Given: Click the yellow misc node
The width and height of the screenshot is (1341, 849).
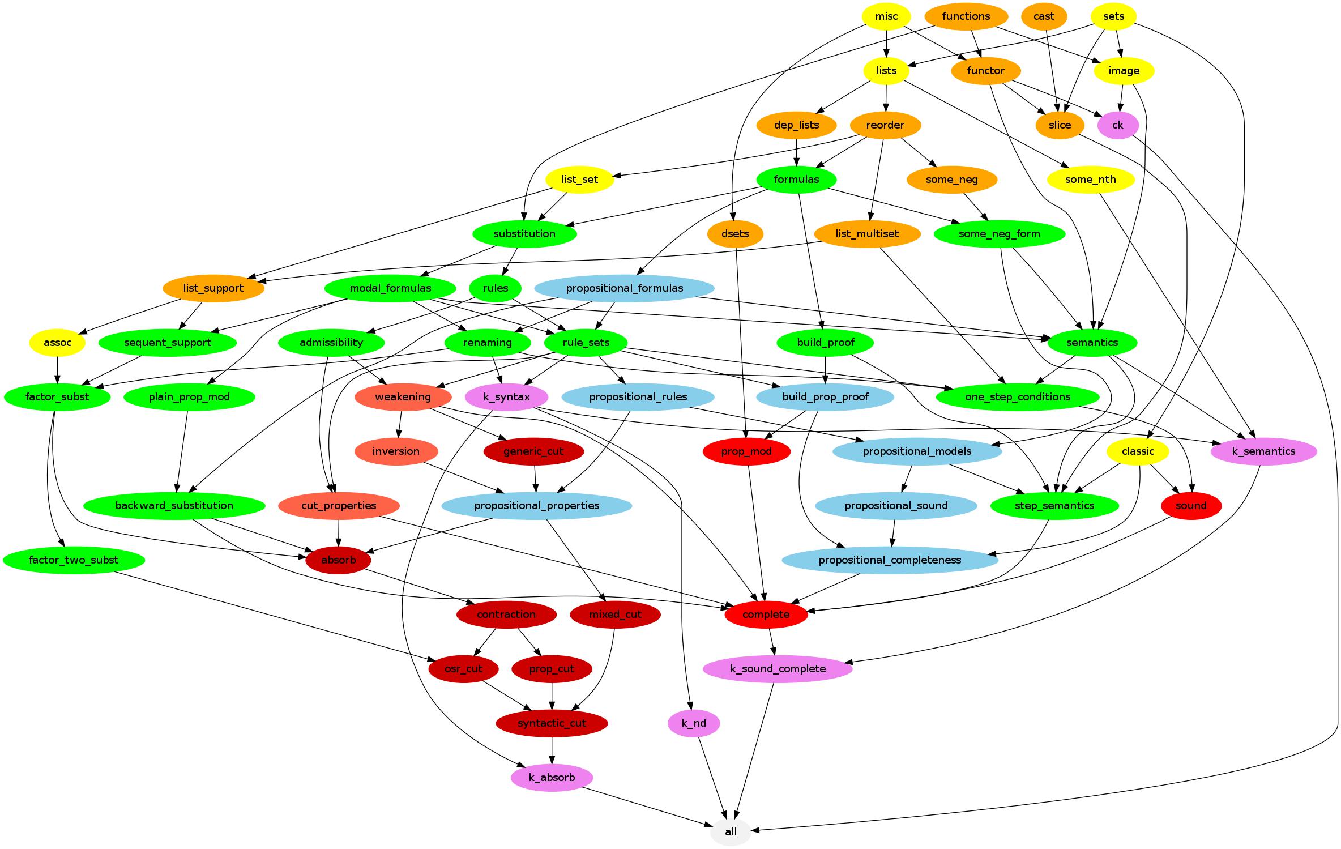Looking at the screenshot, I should click(x=886, y=16).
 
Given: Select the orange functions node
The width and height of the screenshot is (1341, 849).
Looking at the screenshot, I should click(x=966, y=16).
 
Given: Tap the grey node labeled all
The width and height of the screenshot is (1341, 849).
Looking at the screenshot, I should click(x=731, y=832).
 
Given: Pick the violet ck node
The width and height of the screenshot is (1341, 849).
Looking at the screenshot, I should click(x=1117, y=125).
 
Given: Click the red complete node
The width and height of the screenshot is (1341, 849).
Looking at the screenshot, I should click(x=766, y=615).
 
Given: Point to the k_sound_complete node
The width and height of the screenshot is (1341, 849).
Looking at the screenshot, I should click(x=778, y=669).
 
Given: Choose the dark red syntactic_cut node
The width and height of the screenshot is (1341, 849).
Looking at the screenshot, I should click(x=552, y=723).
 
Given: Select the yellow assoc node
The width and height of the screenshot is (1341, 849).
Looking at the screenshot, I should click(x=58, y=343).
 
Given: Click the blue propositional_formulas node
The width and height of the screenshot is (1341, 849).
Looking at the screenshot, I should click(x=624, y=288).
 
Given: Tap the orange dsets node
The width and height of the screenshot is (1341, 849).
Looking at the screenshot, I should click(x=735, y=234).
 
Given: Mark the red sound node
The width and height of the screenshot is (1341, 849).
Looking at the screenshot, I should click(x=1191, y=506).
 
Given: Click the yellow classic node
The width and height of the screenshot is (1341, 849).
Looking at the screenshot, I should click(x=1138, y=451).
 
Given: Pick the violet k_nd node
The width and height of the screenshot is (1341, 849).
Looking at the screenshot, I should click(x=694, y=723).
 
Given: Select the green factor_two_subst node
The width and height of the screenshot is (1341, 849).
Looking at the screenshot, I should click(x=74, y=560).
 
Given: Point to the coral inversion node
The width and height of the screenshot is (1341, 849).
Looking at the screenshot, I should click(x=396, y=451).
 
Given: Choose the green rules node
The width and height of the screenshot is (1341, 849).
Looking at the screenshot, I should click(x=496, y=288).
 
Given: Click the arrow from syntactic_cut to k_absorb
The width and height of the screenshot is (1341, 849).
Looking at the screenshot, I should click(x=552, y=750).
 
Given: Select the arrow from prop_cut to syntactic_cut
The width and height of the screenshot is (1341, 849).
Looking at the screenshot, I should click(x=552, y=696).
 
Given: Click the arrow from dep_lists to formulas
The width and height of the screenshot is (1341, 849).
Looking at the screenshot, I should click(x=797, y=152).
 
